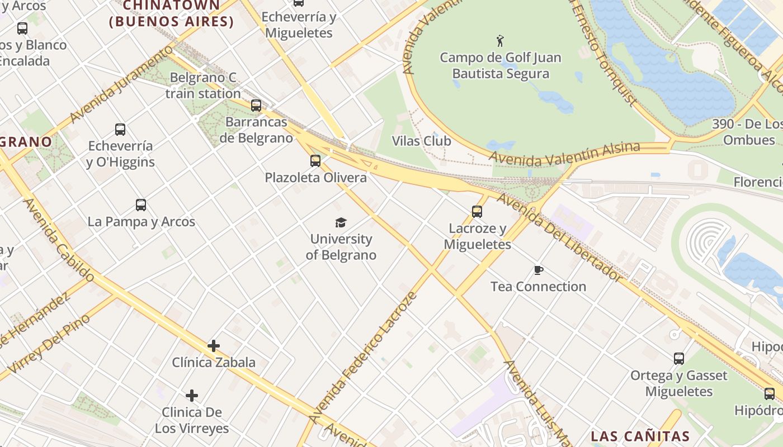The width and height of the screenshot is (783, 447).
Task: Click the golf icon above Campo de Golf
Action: (500, 41)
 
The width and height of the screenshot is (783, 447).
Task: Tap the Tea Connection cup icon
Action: (538, 270)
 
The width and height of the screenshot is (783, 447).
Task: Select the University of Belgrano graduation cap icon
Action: (341, 223)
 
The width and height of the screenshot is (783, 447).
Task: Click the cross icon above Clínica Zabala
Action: (213, 346)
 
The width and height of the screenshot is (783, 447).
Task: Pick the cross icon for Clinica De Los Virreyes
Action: (192, 396)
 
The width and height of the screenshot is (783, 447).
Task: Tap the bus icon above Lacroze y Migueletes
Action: (477, 212)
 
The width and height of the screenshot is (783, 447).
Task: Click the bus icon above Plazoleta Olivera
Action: (315, 161)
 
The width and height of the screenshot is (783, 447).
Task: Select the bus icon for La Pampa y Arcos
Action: (140, 205)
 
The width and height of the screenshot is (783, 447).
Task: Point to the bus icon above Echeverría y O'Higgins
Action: (120, 130)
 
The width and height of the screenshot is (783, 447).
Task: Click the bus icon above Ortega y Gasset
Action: (678, 359)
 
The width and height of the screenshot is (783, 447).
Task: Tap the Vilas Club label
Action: (421, 141)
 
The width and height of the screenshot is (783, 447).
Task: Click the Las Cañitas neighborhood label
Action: (640, 436)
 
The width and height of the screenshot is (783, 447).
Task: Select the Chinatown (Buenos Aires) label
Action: (171, 13)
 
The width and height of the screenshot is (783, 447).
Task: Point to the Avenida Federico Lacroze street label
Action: (363, 358)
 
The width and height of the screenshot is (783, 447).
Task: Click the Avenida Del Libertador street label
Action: (559, 237)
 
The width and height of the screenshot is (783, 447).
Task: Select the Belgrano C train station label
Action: (203, 85)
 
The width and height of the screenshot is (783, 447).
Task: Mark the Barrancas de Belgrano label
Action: (256, 130)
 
